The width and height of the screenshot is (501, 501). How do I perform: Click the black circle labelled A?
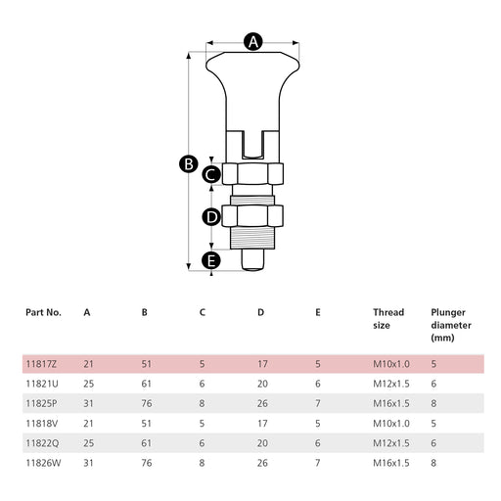[x=253, y=41]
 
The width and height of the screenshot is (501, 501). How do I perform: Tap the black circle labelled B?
[x=189, y=163]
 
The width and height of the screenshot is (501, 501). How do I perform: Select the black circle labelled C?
[x=211, y=174]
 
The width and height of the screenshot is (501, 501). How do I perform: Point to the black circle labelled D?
[x=211, y=216]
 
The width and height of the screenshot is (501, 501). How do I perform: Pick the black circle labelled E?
[x=211, y=261]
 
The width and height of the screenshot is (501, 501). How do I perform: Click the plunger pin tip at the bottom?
[x=252, y=260]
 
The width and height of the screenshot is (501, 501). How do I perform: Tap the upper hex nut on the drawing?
[x=252, y=174]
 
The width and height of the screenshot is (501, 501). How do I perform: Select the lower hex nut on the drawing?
[x=252, y=216]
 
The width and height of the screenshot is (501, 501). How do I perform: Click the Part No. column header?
[x=43, y=312]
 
